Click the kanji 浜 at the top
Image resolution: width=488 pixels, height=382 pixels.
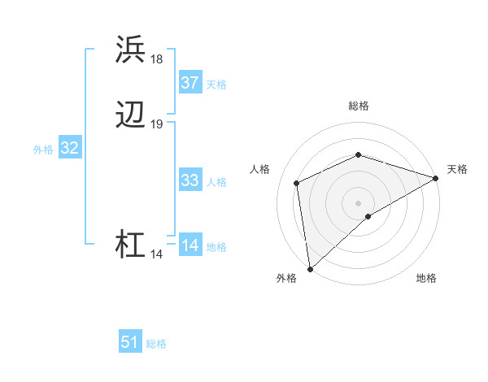click(x=131, y=50)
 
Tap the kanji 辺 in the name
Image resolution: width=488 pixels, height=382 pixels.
click(x=131, y=115)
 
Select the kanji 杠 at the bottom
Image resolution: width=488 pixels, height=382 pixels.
click(x=131, y=245)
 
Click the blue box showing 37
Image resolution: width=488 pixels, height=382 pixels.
click(x=190, y=83)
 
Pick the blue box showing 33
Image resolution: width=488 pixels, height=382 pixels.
click(x=190, y=180)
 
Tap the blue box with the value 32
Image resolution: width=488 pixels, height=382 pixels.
click(x=69, y=148)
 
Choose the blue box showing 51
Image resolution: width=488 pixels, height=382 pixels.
click(x=130, y=342)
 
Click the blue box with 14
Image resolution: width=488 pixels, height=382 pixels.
click(x=190, y=245)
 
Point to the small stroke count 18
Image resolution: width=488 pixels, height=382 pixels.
click(x=157, y=59)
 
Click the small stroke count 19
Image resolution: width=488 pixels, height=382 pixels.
click(x=157, y=124)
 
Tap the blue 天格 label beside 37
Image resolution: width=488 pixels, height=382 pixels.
click(x=216, y=85)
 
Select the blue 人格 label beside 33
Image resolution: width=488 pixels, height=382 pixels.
click(x=216, y=182)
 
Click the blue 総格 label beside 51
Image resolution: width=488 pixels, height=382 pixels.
click(x=156, y=344)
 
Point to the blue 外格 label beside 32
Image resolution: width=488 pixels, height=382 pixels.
click(x=43, y=150)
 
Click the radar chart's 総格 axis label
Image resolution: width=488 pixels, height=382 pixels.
click(x=359, y=106)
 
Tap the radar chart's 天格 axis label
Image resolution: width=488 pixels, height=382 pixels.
click(x=457, y=169)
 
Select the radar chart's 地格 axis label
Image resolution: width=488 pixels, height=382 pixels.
click(x=426, y=279)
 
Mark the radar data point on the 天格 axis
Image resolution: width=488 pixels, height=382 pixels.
click(x=435, y=178)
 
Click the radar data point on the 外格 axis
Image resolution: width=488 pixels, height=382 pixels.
click(x=310, y=268)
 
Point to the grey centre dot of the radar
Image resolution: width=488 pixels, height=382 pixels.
click(x=358, y=202)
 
